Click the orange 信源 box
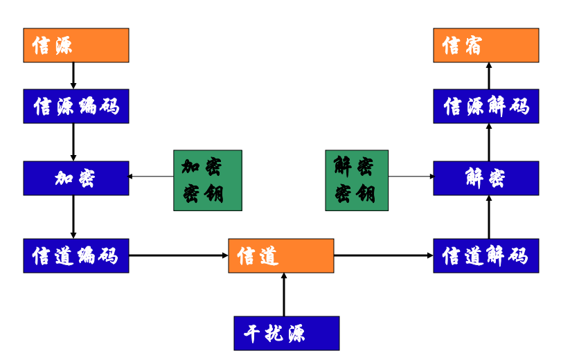click(x=76, y=46)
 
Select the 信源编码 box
click(x=76, y=107)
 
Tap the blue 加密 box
click(x=76, y=178)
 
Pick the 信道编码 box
click(x=76, y=255)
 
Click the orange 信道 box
click(x=281, y=255)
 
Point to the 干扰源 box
click(x=287, y=333)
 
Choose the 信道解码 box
click(x=486, y=255)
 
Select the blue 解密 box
click(x=486, y=178)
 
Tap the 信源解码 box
click(x=486, y=107)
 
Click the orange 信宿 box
click(x=486, y=46)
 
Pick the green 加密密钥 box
click(x=208, y=180)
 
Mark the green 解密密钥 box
click(x=357, y=180)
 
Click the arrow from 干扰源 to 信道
click(x=284, y=294)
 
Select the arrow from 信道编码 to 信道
click(x=179, y=255)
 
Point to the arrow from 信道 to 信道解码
click(x=384, y=255)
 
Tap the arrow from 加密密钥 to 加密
click(x=151, y=177)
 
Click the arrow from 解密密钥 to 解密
click(x=411, y=177)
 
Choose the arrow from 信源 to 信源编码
click(x=73, y=75)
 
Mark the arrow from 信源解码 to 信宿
click(x=489, y=75)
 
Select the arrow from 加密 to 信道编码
click(x=73, y=217)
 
